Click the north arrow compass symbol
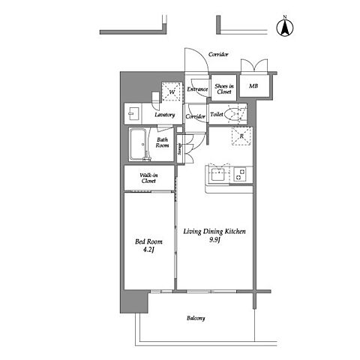(x=285, y=26)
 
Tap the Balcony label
(x=196, y=318)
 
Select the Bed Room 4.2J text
(x=148, y=245)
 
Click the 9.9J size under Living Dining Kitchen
(x=214, y=240)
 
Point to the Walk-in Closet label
(x=148, y=178)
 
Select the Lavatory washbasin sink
(x=133, y=114)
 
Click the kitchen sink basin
(x=218, y=174)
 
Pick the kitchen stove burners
(x=240, y=175)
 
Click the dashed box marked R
(x=241, y=136)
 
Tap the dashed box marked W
(x=172, y=92)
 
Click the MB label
(x=253, y=86)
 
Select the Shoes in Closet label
(x=224, y=89)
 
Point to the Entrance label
(x=197, y=89)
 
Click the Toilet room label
(x=217, y=114)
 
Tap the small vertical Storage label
(x=179, y=149)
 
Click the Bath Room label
(x=162, y=142)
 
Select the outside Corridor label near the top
(x=218, y=54)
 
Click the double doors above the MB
(x=254, y=66)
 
